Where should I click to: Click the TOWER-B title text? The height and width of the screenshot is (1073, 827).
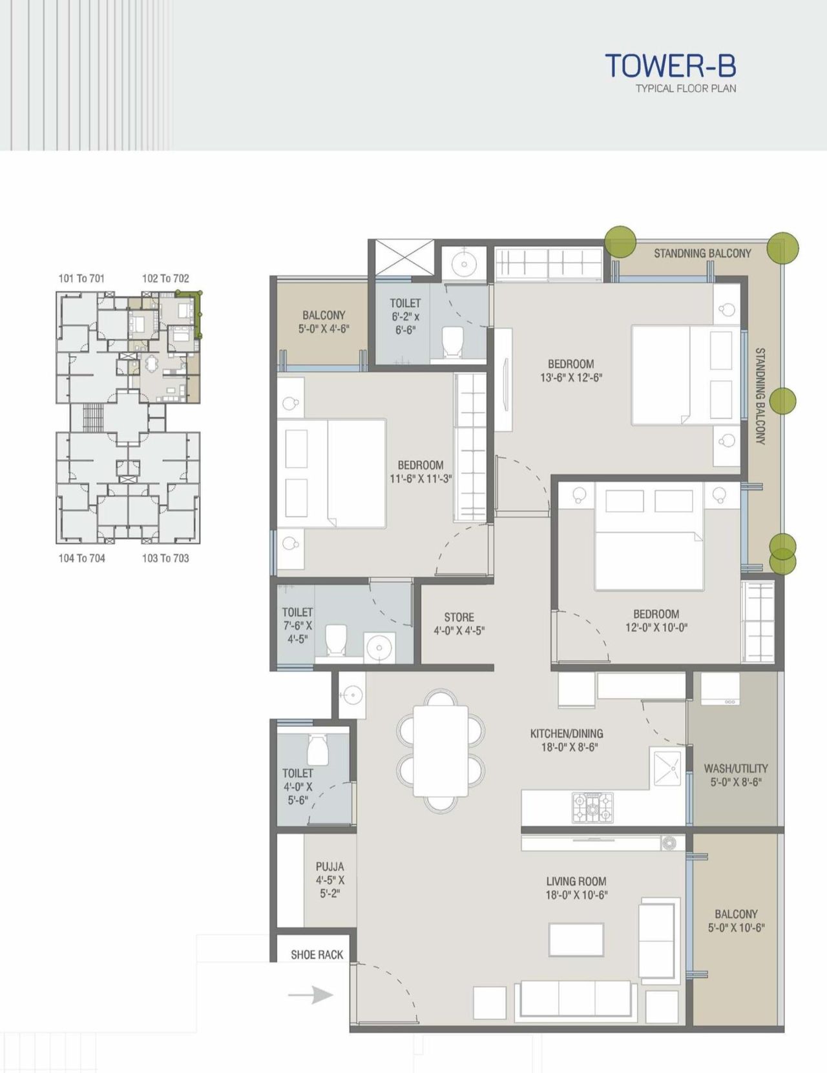[670, 66]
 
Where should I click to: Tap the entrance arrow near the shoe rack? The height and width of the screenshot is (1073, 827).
[311, 995]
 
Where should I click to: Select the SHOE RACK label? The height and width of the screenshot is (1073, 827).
[317, 955]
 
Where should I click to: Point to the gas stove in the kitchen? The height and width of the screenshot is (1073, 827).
[592, 807]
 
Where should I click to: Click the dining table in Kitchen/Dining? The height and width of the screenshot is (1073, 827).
[441, 751]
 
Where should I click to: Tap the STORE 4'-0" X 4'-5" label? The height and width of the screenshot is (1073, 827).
[459, 624]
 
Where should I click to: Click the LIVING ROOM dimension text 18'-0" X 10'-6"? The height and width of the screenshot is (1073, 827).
[576, 895]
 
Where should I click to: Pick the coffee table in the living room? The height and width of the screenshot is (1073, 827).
[576, 939]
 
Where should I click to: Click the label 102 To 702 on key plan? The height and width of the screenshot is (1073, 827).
[165, 278]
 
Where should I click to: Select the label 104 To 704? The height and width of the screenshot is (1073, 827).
[81, 558]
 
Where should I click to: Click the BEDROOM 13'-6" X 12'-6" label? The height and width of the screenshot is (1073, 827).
[571, 371]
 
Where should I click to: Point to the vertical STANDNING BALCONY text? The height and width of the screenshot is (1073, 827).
[760, 396]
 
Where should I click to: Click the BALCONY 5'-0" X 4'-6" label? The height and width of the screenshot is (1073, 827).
[323, 322]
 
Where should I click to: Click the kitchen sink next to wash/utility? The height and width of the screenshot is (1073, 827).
[667, 768]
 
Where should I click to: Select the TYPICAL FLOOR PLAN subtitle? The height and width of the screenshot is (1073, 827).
[686, 88]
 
